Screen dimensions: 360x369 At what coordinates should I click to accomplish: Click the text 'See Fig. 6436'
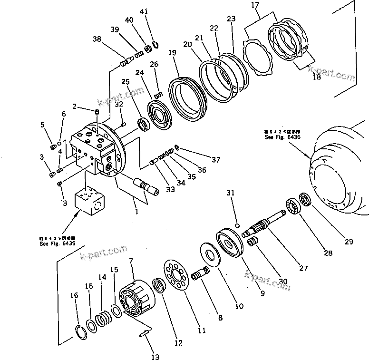[x=282, y=136]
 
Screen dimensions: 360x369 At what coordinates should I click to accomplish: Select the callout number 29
[x=349, y=242]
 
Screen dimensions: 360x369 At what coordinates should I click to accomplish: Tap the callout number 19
[x=172, y=52]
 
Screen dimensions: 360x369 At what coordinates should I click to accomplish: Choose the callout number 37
[x=216, y=159]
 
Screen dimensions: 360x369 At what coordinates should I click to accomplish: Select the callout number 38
[x=97, y=40]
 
